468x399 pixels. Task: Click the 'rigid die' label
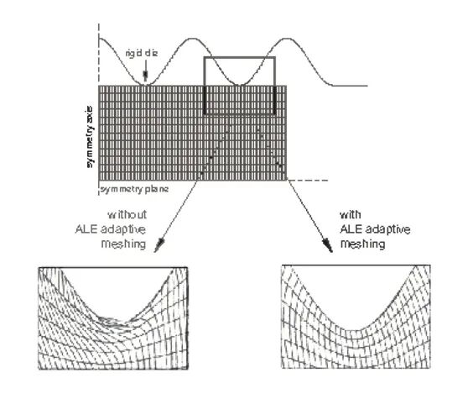(x=142, y=54)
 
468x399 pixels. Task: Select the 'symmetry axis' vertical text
(x=90, y=137)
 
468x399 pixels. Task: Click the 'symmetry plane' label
(x=134, y=189)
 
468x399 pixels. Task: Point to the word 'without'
(x=127, y=214)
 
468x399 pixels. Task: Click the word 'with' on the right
(x=351, y=214)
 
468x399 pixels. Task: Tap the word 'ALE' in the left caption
(x=86, y=229)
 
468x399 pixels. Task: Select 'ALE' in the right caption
(x=351, y=229)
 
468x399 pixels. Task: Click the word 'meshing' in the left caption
(x=123, y=244)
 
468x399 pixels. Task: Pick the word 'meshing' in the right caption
(x=363, y=244)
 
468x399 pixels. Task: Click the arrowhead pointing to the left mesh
(x=159, y=245)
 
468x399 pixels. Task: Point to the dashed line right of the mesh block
(x=308, y=181)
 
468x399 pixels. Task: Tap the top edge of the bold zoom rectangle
(x=239, y=57)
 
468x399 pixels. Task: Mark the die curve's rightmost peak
(x=287, y=39)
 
